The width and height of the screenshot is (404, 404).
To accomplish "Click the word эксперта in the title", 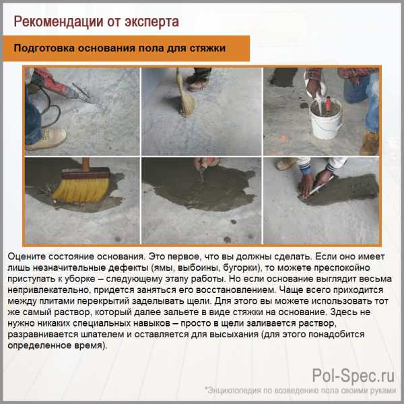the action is click(151, 22).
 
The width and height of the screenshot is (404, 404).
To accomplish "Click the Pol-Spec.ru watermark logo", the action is click(353, 376).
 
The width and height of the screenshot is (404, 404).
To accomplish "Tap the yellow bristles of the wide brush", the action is click(81, 189).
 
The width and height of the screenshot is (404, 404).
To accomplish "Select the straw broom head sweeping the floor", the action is click(186, 103).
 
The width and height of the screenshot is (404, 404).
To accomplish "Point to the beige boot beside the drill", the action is click(46, 139).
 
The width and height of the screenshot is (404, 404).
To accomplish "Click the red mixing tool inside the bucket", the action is click(328, 104).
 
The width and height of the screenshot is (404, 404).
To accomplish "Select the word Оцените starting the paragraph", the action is click(26, 257).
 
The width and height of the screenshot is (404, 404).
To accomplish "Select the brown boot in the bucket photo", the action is click(370, 143).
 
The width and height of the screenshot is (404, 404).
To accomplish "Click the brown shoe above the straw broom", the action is click(198, 82).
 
